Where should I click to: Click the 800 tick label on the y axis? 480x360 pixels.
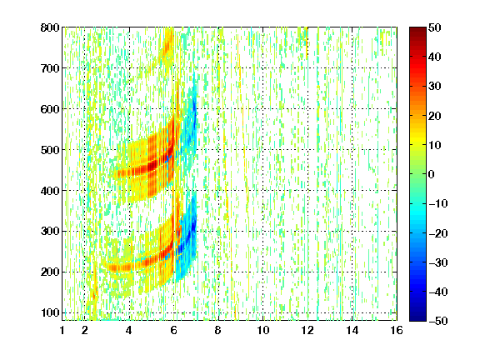[x=50, y=27]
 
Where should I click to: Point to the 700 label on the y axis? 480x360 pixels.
[x=50, y=68]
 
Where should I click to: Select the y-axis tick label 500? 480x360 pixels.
[x=50, y=150]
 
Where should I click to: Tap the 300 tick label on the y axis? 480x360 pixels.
[x=50, y=232]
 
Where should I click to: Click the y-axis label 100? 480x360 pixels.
[x=50, y=312]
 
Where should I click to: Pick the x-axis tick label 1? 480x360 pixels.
[x=62, y=330]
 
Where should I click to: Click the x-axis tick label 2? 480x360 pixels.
[x=84, y=330]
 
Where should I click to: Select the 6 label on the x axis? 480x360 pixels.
[x=173, y=330]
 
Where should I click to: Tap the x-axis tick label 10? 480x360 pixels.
[x=262, y=330]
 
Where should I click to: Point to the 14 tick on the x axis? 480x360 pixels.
[x=352, y=330]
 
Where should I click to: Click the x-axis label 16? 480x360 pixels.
[x=397, y=330]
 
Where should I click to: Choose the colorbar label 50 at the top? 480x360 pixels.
[x=435, y=27]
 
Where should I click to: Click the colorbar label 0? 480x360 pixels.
[x=432, y=174]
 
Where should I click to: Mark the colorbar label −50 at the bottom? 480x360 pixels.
[x=438, y=321]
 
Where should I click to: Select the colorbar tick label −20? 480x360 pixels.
[x=438, y=233]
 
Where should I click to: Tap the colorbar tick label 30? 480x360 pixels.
[x=435, y=87]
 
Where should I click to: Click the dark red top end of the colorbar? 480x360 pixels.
[x=417, y=30]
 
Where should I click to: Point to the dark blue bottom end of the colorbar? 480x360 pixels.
[x=417, y=317]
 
